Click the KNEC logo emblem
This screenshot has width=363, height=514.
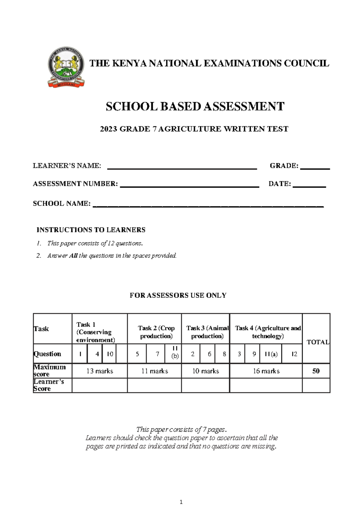(x=66, y=67)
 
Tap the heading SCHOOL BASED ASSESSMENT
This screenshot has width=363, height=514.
(x=195, y=107)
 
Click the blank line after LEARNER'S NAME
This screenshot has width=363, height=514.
(x=182, y=167)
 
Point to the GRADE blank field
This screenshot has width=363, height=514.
(x=315, y=167)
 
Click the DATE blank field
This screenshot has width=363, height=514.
(x=309, y=185)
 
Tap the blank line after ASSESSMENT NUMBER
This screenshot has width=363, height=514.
(x=189, y=185)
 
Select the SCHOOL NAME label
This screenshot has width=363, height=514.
(x=61, y=203)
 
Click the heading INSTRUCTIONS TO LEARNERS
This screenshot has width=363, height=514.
(x=91, y=230)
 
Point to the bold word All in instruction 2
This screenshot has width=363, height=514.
(x=73, y=255)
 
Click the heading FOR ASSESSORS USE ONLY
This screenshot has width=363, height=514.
(x=178, y=295)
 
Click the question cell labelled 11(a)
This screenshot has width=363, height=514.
(x=271, y=354)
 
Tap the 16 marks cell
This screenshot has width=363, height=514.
(x=266, y=371)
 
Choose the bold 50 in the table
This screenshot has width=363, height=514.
(x=316, y=371)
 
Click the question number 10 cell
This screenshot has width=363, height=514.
(x=110, y=354)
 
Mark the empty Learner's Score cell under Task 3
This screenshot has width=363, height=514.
(x=205, y=386)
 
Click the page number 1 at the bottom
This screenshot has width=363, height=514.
(x=181, y=502)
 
